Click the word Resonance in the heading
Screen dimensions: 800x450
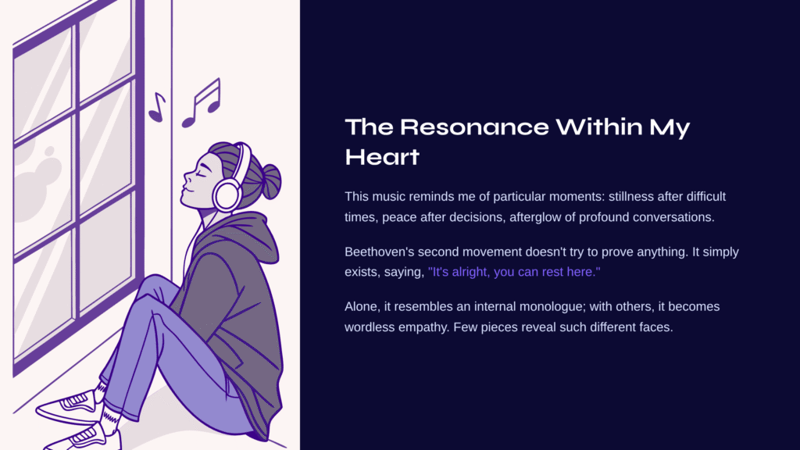point(474,127)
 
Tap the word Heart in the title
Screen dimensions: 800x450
point(382,157)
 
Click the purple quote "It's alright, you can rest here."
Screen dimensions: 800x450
point(514,272)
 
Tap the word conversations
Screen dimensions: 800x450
point(673,217)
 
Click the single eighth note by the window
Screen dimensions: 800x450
point(157,107)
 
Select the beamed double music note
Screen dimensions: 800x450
point(202,103)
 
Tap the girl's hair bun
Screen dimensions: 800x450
point(270,181)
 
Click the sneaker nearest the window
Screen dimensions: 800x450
point(69,405)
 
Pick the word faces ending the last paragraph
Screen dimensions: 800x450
point(655,327)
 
